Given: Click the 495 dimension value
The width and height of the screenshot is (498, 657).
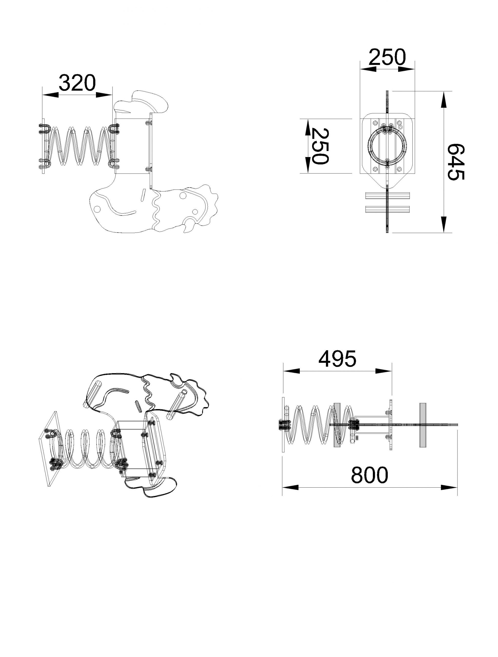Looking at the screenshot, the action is (337, 359).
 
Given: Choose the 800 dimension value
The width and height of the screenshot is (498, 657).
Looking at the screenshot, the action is (370, 475).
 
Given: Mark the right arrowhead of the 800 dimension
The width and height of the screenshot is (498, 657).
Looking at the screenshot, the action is (449, 487).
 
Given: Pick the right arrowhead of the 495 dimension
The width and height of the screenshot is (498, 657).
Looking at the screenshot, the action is (384, 371).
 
